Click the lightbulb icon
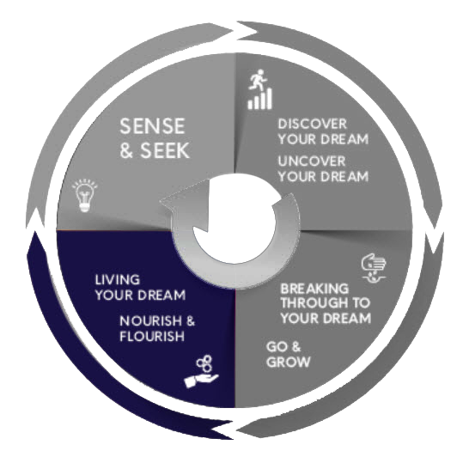(85, 195)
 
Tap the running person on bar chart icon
(260, 89)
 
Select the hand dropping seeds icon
(374, 268)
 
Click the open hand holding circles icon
(202, 371)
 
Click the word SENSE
(152, 126)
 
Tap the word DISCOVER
(313, 124)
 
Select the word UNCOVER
(312, 162)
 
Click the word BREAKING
(314, 289)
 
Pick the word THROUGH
(314, 303)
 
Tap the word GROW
(288, 362)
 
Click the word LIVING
(118, 280)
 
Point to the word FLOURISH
(152, 336)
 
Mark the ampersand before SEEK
(126, 150)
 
